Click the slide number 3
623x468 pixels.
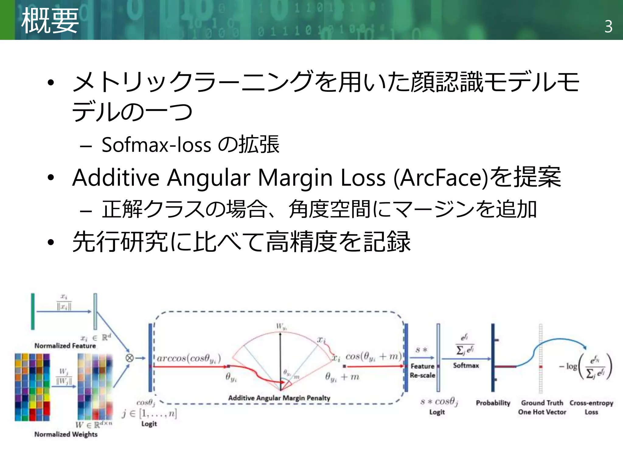click(608, 27)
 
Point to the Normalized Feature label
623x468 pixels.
click(65, 346)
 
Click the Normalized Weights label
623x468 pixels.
click(66, 434)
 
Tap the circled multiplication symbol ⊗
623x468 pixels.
click(130, 358)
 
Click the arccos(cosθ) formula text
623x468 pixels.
click(189, 358)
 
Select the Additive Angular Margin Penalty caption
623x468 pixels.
click(279, 398)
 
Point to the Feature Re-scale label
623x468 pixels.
click(422, 371)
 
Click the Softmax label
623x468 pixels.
click(466, 365)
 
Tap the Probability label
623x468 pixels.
click(493, 403)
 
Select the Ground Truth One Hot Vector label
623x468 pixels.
click(542, 407)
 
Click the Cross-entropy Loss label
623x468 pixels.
click(591, 407)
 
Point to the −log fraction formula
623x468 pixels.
click(586, 367)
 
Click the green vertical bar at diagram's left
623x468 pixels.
click(33, 311)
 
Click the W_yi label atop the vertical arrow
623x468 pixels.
click(281, 327)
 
